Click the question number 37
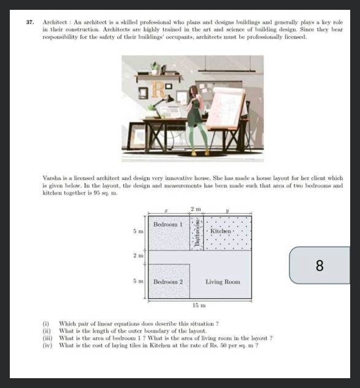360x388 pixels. tap(29, 22)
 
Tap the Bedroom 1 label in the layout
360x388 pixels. tap(167, 225)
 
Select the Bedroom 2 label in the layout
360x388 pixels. tap(168, 282)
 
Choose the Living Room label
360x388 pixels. tap(223, 282)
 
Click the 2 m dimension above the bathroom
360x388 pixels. tap(195, 209)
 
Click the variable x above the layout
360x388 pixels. tap(167, 210)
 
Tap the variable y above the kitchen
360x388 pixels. tap(227, 210)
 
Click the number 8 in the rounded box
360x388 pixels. tap(319, 265)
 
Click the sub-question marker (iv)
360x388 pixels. tap(46, 345)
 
